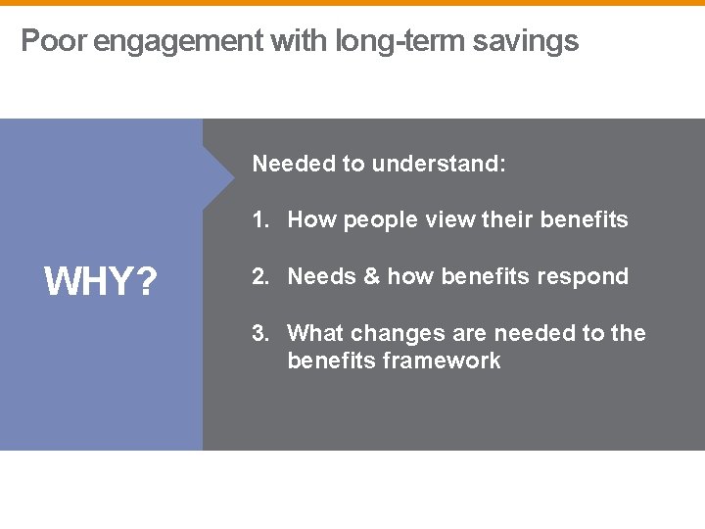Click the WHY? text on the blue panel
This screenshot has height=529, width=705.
pos(101,283)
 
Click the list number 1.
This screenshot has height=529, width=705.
pos(259,219)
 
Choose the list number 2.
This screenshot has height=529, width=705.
pos(259,276)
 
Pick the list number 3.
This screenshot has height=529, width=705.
pos(259,333)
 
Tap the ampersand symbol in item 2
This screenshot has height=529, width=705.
pos(371,276)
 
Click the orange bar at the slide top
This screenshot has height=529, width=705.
pos(352,3)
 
